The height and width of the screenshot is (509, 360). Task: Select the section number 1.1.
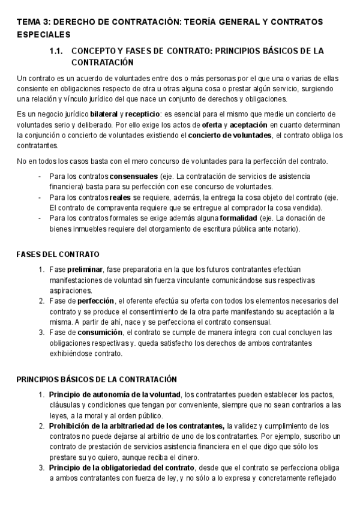pos(57,51)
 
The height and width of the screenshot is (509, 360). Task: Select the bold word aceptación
pos(248,125)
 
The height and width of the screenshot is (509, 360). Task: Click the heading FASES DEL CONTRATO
pos(58,254)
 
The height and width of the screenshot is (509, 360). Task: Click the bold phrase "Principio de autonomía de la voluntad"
pos(115,394)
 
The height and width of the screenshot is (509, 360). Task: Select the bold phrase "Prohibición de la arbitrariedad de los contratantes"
pos(136,426)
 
